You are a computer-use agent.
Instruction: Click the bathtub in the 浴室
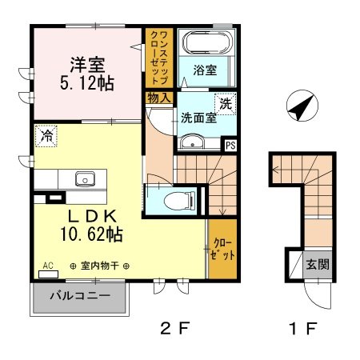tap(207, 42)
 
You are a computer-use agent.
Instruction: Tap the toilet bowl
tap(179, 201)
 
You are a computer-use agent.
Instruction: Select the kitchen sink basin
tap(85, 178)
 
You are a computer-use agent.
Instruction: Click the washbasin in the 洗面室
tap(192, 142)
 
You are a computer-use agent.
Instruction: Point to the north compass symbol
tap(302, 106)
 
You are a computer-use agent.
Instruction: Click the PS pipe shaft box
tap(230, 146)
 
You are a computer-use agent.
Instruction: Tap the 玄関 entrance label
tap(318, 265)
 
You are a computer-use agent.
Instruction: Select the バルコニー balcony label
tap(80, 296)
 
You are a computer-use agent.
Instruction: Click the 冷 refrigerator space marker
tap(46, 136)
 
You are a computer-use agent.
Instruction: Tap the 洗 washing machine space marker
tap(226, 104)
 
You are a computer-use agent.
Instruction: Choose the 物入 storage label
tap(159, 98)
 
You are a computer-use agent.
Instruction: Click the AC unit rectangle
tap(48, 274)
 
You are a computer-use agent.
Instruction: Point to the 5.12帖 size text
tap(87, 83)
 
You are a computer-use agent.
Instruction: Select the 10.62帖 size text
tap(91, 234)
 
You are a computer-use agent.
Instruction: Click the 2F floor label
tap(175, 328)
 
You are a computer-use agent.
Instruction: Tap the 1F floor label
tap(303, 328)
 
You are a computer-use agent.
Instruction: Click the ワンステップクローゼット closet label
tap(159, 58)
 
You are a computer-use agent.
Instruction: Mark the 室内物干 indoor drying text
tap(100, 266)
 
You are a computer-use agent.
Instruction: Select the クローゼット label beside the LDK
tap(222, 249)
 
